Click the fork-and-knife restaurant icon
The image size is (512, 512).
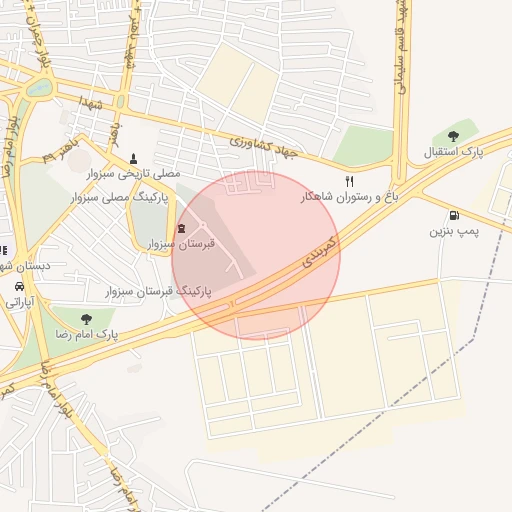349,181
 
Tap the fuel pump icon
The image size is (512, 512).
455,215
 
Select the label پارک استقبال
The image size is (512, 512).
453,152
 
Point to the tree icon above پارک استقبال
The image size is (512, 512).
453,136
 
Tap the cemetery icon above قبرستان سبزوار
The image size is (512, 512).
181,228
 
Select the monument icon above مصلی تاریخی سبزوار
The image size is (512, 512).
133,158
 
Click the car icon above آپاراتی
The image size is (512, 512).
18,285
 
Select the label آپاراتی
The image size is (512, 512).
17,300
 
